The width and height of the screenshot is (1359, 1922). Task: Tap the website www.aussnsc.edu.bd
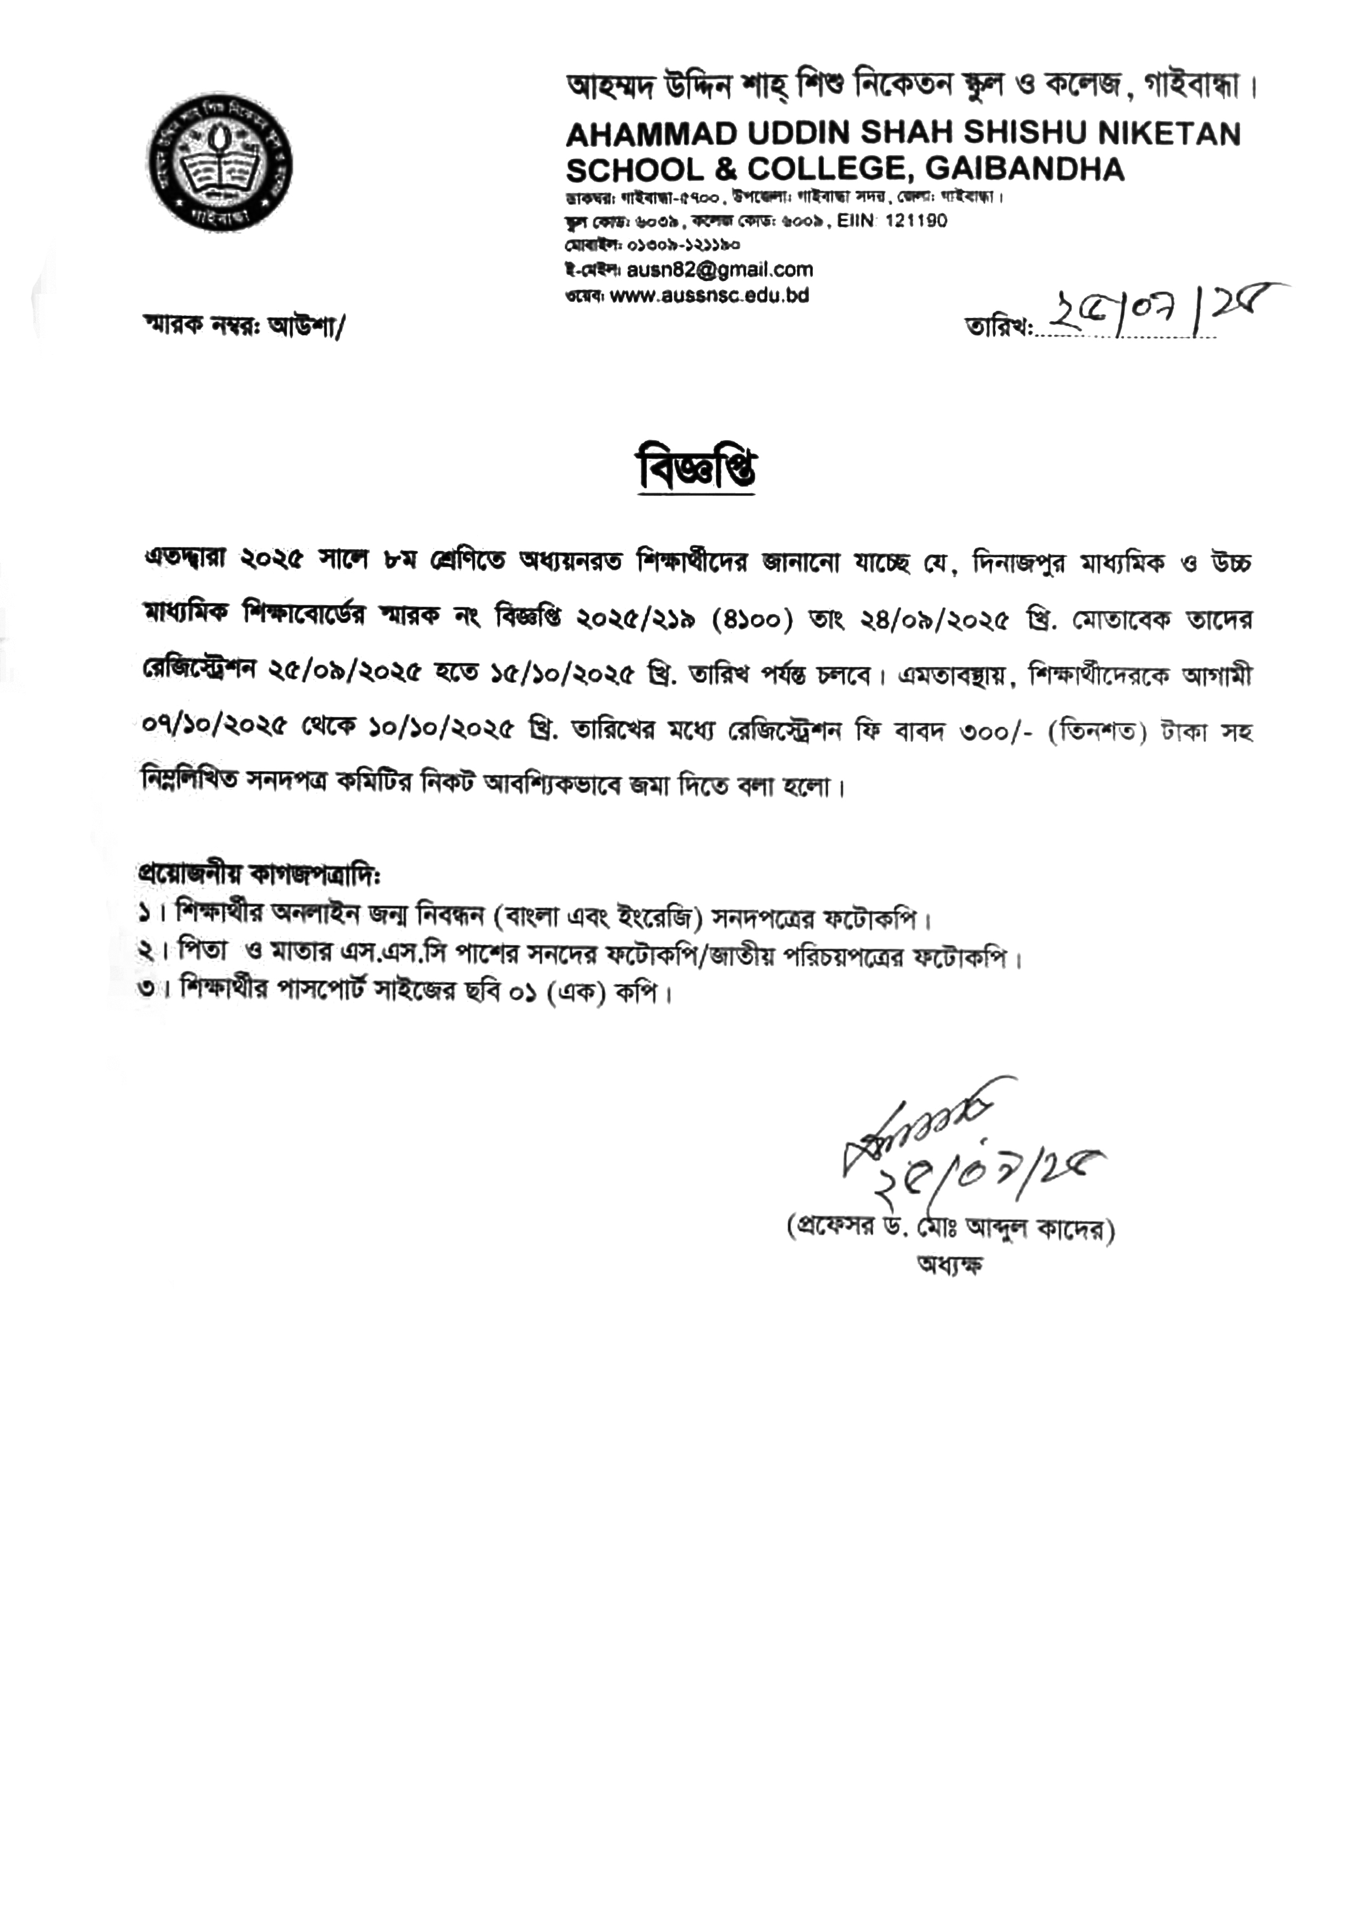[x=709, y=295]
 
